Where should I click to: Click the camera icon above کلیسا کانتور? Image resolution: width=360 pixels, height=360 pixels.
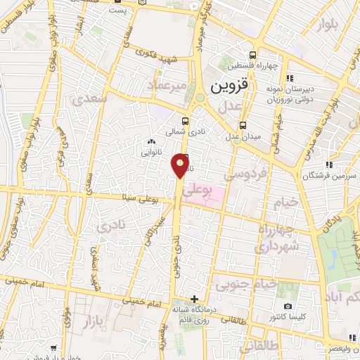tap(288, 306)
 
